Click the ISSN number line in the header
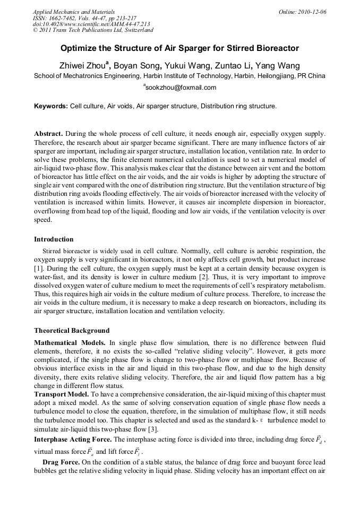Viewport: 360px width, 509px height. (x=84, y=18)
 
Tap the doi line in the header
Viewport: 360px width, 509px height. (x=91, y=24)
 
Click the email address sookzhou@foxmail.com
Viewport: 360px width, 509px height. (x=181, y=88)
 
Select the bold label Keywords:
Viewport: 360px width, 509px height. (x=51, y=106)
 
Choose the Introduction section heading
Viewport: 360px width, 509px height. (x=54, y=239)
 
